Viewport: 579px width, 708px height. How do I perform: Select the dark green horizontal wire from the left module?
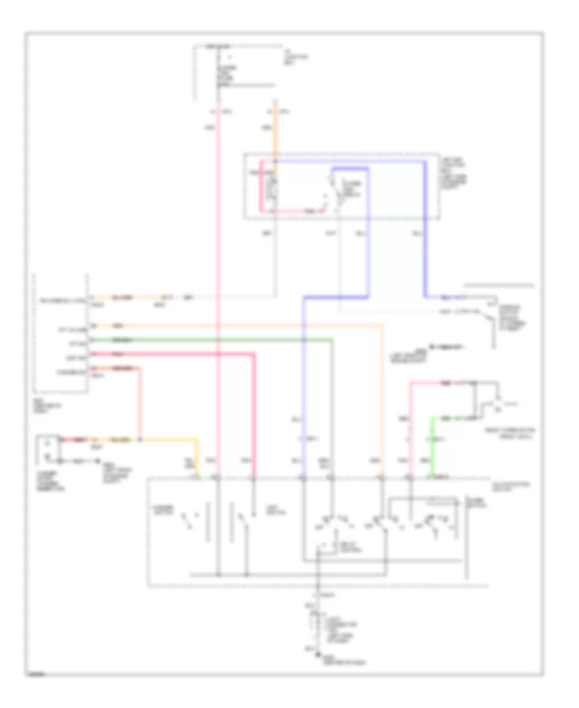tap(212, 339)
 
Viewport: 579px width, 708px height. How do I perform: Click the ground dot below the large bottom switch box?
tap(317, 654)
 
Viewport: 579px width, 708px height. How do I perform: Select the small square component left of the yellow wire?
tap(48, 449)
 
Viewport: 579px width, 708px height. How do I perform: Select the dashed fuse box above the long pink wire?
tap(238, 64)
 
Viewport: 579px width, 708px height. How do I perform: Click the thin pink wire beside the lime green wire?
tap(410, 425)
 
